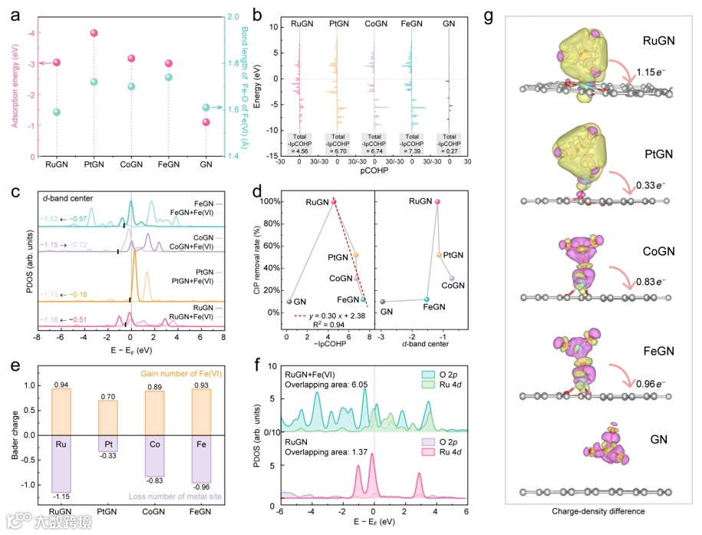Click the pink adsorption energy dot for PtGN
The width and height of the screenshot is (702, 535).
[94, 33]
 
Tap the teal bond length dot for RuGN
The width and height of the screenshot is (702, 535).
[56, 112]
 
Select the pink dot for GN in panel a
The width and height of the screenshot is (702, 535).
[206, 122]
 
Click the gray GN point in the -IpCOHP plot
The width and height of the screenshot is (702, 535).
[290, 301]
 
